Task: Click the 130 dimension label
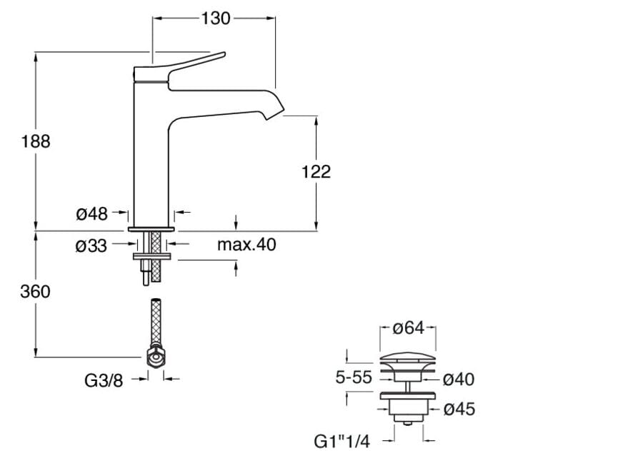pos(216,18)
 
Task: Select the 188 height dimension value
pos(36,141)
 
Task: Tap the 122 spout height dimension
pos(317,171)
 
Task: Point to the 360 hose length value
pos(36,291)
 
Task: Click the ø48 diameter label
pos(91,213)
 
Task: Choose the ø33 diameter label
pos(91,245)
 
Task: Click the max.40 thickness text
pos(246,245)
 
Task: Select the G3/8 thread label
pos(104,380)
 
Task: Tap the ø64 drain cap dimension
pos(409,328)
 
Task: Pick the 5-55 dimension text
pos(354,377)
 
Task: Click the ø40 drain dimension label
pos(459,379)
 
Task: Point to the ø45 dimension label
pos(459,409)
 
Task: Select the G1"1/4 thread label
pos(342,442)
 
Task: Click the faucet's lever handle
pos(193,63)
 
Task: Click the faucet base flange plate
pos(151,229)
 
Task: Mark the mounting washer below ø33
pos(151,255)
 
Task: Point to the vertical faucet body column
pos(151,157)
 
